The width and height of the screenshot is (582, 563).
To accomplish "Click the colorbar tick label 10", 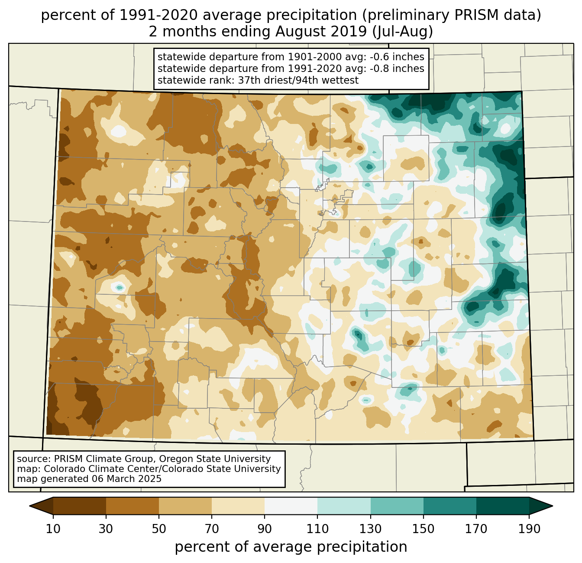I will click(x=53, y=529).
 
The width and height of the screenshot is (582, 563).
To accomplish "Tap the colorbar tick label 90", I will click(x=265, y=529).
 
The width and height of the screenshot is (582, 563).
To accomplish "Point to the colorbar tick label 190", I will click(x=529, y=529).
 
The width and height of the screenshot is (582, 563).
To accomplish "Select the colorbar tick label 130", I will click(x=371, y=529).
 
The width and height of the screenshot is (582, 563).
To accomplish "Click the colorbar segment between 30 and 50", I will click(x=133, y=506).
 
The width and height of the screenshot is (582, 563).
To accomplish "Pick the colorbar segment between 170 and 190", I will click(x=502, y=506).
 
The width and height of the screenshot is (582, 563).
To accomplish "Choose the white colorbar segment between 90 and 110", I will click(x=291, y=506).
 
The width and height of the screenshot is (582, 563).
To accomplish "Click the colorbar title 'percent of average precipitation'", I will click(x=291, y=547).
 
